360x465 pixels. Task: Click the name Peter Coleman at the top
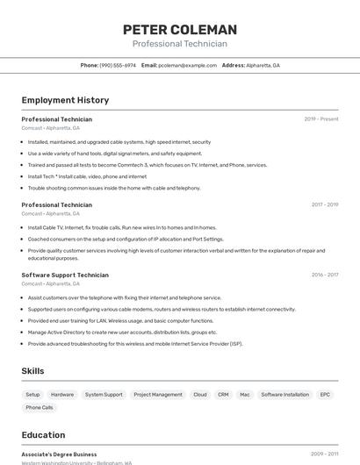tap(180, 30)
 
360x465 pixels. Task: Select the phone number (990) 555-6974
tap(118, 65)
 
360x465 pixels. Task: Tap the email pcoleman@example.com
tap(187, 65)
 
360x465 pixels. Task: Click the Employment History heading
tap(65, 100)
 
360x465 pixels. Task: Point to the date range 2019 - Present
tap(321, 119)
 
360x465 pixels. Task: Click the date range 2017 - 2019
tap(325, 204)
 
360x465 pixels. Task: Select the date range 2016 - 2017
tap(325, 275)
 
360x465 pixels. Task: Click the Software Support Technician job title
tap(65, 275)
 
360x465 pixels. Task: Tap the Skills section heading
tap(32, 371)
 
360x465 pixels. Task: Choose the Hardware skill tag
tap(62, 395)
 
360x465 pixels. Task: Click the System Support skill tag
tap(104, 395)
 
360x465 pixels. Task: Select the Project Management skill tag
tap(158, 395)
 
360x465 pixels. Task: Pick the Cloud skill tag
tap(200, 395)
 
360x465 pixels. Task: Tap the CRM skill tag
tap(223, 395)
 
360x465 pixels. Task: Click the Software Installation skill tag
tap(285, 395)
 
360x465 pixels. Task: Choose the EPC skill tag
tap(325, 395)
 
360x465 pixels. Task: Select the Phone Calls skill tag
tap(40, 408)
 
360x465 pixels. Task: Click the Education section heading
tap(43, 434)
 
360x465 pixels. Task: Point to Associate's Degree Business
tap(59, 454)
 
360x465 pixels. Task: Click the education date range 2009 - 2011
tap(325, 454)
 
